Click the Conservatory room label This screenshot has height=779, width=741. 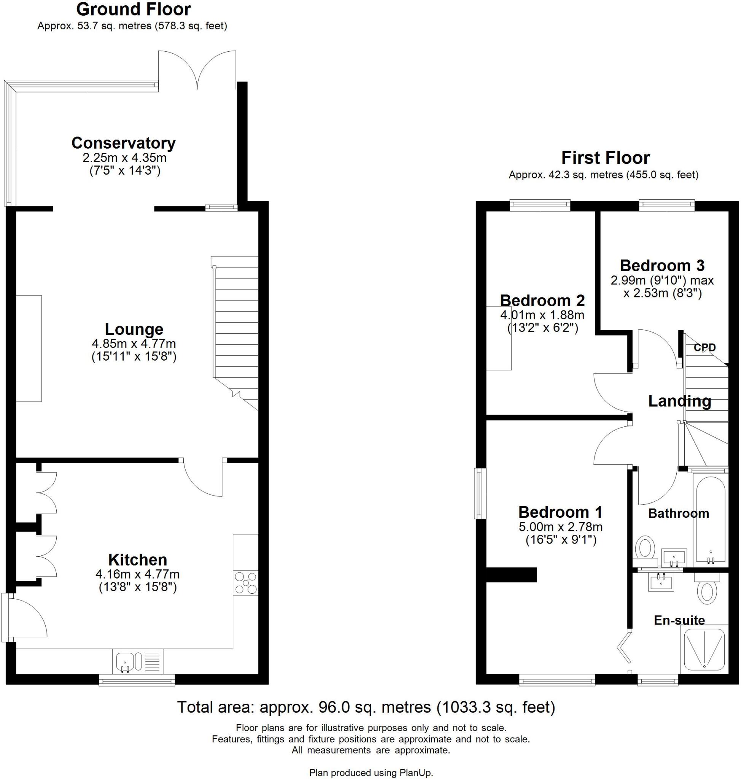[123, 143]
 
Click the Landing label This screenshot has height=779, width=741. [679, 401]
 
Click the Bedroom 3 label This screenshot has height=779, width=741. [662, 265]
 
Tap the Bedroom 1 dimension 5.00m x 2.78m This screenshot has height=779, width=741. [560, 526]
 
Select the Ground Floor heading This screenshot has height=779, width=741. [133, 9]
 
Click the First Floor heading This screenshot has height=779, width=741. [605, 157]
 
